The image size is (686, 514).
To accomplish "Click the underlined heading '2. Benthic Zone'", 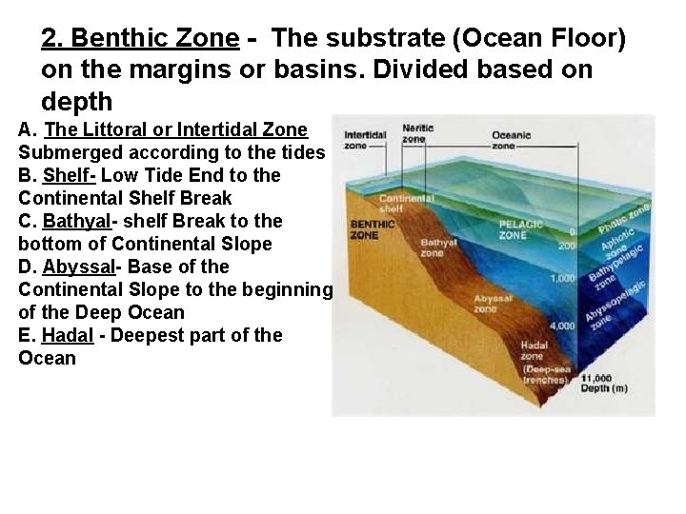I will [x=139, y=38].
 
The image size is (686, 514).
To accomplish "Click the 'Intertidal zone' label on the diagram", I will [x=364, y=141].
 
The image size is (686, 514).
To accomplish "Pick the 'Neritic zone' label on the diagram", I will [x=416, y=133].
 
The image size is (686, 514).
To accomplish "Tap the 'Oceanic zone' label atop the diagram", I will [x=511, y=141].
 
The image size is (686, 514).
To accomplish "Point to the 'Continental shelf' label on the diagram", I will [x=406, y=204].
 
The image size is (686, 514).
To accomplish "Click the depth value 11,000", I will [x=595, y=378].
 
